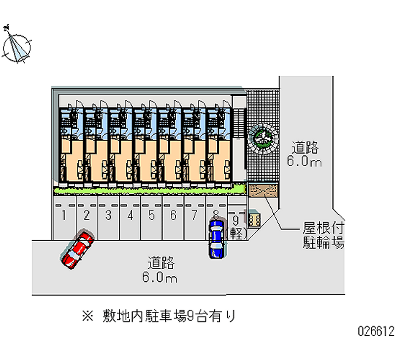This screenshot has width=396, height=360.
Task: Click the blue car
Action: click(x=216, y=239)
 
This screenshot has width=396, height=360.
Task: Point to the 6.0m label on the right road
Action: click(x=305, y=161)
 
